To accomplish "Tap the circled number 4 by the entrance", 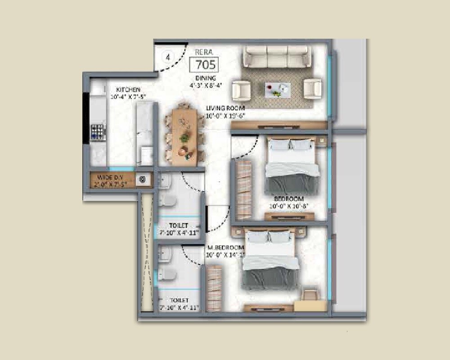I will click(x=168, y=57).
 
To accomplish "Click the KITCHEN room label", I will click(x=128, y=90).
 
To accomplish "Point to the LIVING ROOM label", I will click(x=225, y=108).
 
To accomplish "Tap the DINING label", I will click(x=205, y=78).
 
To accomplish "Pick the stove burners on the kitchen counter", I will click(x=98, y=131).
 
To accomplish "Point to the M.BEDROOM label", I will click(x=225, y=248).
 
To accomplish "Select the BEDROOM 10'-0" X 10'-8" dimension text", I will click(x=288, y=207).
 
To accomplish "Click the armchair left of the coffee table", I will click(x=241, y=89).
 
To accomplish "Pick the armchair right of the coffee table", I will click(x=312, y=88).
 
